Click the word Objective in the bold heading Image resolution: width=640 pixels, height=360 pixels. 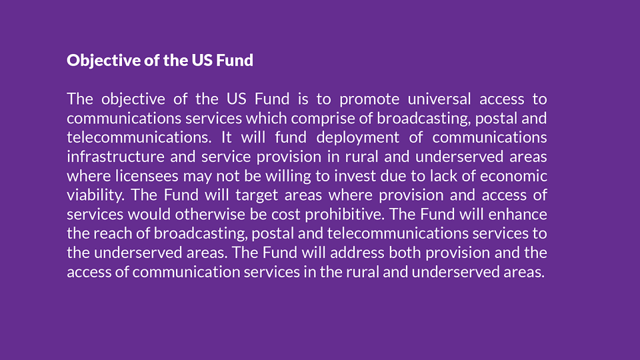104,61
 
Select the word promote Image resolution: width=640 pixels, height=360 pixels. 369,99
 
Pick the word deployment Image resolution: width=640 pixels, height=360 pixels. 357,138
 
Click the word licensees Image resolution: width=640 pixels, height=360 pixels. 147,176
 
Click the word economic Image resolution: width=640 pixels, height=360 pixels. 513,176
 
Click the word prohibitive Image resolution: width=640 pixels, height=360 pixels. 345,215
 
